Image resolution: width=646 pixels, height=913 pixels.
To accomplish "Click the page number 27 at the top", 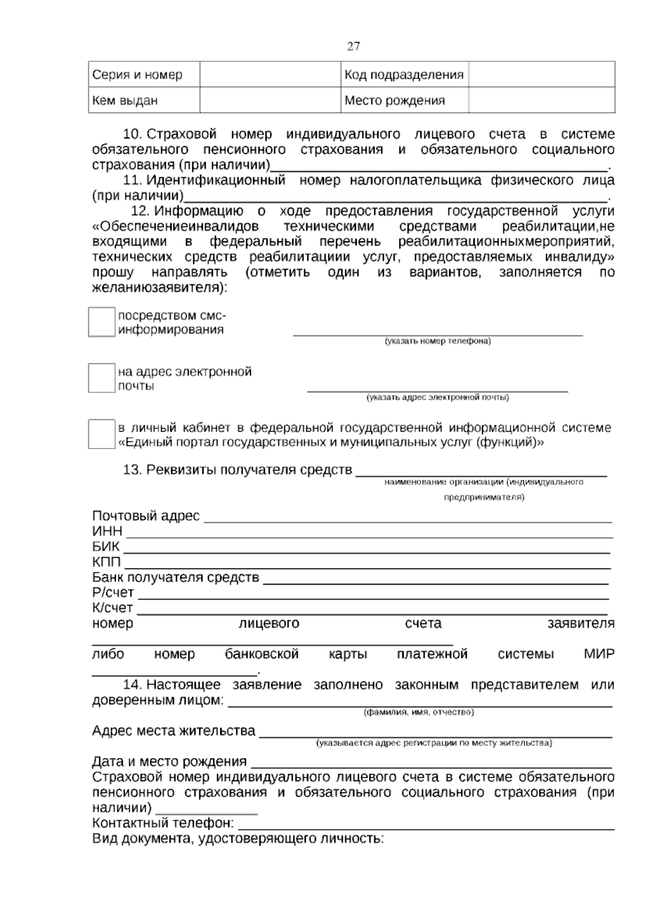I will click(353, 46).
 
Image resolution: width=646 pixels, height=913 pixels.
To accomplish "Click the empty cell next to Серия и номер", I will click(270, 74).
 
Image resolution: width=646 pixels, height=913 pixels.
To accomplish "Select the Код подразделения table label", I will click(404, 74).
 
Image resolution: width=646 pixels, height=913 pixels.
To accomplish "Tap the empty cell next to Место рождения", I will click(541, 100).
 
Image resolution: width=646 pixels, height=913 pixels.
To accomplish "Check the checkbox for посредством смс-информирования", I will click(102, 322).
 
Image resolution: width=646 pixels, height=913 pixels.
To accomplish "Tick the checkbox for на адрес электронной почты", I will click(102, 378).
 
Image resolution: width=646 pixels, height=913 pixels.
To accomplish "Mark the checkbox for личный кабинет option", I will click(102, 434).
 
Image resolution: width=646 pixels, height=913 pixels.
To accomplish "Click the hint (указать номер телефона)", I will click(437, 341).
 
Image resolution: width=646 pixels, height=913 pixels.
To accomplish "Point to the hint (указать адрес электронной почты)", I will click(437, 398).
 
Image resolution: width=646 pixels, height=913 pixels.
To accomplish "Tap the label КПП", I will click(106, 562).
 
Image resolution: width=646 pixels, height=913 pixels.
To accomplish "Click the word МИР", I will click(599, 655).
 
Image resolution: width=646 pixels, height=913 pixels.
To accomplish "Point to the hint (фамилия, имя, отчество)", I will click(419, 712).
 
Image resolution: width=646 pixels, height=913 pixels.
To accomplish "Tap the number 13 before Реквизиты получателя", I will click(132, 470).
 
